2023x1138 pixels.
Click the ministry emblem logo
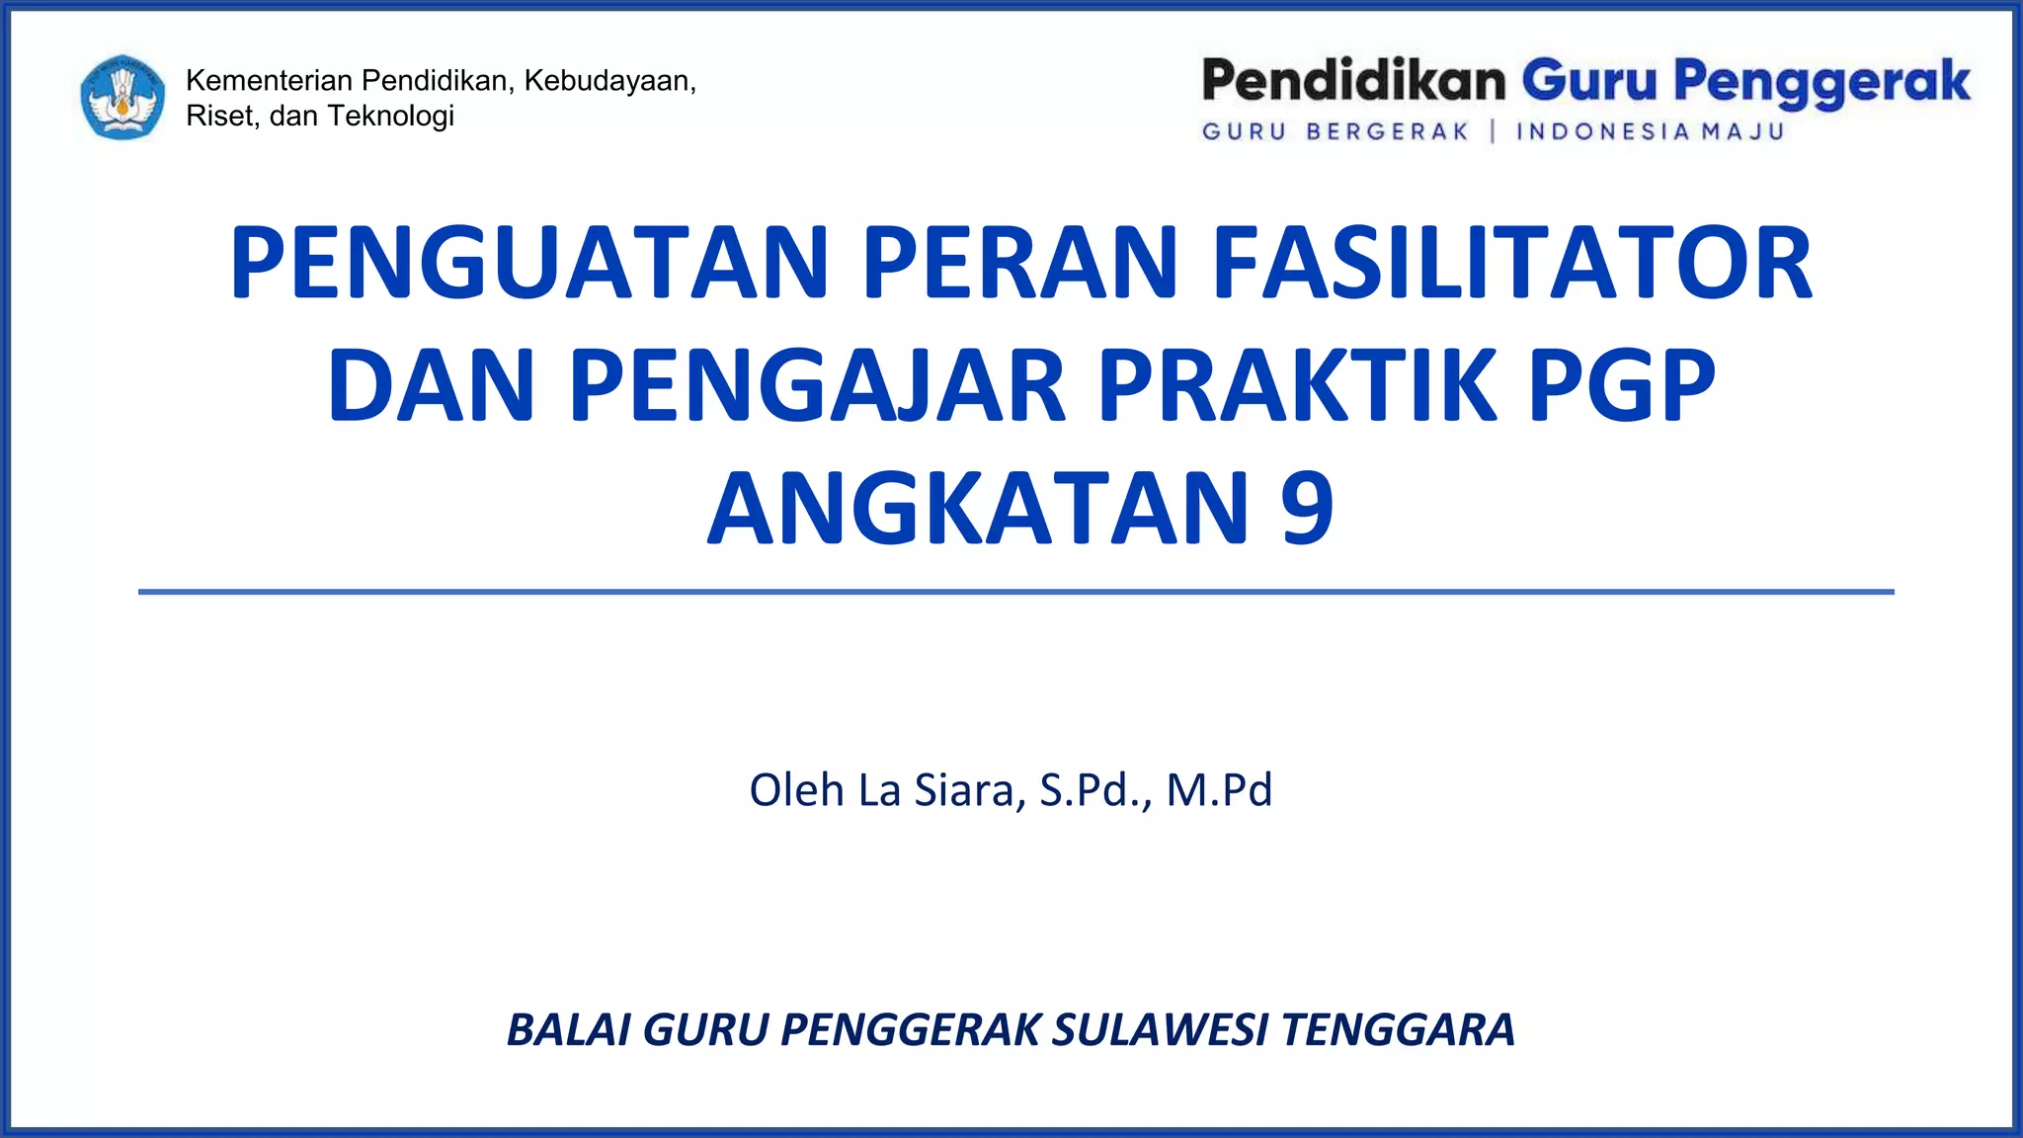(122, 97)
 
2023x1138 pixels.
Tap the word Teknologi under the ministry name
(390, 116)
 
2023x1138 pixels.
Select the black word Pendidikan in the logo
(1352, 80)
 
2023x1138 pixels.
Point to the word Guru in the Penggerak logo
(1588, 80)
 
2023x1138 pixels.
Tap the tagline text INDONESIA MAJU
(1650, 131)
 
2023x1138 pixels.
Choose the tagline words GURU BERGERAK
(1335, 131)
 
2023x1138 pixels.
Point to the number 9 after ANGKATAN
(1307, 508)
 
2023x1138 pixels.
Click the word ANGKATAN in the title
(979, 508)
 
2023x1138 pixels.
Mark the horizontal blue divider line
(1015, 592)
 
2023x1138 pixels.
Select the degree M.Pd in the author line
(1219, 790)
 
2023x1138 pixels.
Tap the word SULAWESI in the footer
(1160, 1029)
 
